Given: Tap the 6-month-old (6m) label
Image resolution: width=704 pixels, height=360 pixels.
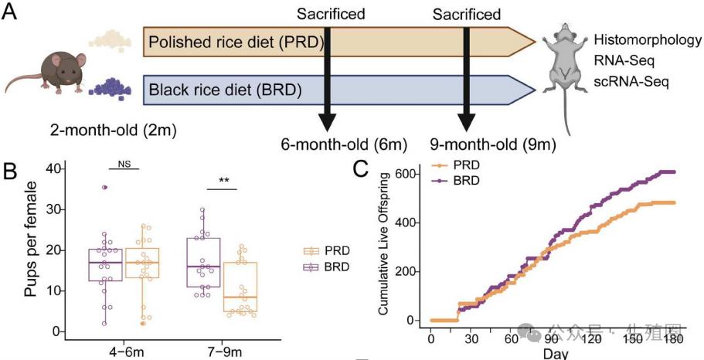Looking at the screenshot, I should [x=343, y=144].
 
